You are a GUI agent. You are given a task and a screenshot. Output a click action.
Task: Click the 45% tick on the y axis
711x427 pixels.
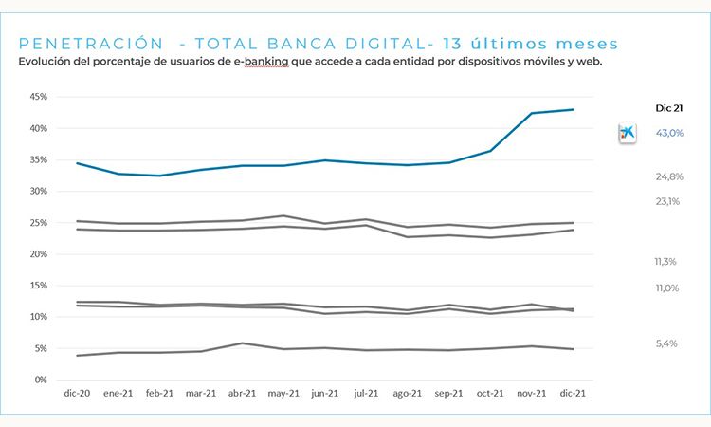[38, 97]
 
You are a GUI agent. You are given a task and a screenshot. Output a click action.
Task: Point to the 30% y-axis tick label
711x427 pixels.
[38, 191]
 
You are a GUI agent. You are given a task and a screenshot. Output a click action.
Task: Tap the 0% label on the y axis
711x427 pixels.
[41, 380]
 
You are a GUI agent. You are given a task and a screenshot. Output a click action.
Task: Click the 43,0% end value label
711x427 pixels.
[669, 133]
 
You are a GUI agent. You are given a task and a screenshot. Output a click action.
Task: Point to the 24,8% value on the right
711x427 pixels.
[669, 176]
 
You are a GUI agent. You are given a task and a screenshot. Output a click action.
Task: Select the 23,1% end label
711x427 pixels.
[668, 201]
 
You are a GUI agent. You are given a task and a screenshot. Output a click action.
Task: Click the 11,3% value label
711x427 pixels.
[665, 262]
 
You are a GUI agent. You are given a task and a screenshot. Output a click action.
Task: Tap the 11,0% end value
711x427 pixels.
[666, 288]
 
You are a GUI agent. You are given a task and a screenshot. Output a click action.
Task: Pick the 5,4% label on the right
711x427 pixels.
[666, 343]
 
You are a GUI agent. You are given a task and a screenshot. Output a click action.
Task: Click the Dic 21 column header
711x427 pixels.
[669, 108]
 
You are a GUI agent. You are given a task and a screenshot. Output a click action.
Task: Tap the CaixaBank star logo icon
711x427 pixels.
[627, 133]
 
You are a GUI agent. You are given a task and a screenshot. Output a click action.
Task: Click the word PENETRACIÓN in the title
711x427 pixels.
[84, 44]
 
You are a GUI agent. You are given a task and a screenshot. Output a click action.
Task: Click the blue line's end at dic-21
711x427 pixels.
[574, 109]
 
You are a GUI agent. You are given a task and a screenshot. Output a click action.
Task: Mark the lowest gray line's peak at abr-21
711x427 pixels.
[243, 343]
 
